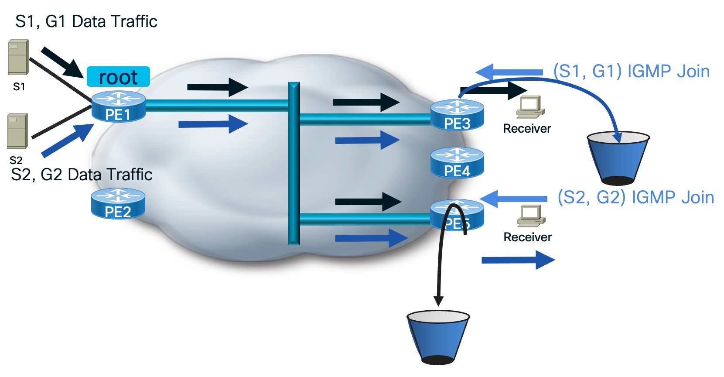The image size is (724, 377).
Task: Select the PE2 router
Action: click(x=118, y=203)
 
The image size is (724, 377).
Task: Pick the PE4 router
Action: click(x=457, y=163)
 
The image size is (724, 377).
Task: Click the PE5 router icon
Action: click(x=457, y=215)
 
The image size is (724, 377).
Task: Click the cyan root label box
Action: click(x=118, y=77)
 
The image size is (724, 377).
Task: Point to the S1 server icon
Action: click(x=18, y=57)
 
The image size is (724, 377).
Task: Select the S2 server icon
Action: click(x=17, y=131)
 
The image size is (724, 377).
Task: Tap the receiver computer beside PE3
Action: click(x=530, y=107)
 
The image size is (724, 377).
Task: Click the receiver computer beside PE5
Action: click(x=531, y=216)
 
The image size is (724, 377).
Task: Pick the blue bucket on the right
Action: click(x=618, y=158)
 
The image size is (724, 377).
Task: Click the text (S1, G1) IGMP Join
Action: click(x=631, y=71)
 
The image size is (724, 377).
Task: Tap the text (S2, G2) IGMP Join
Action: click(x=635, y=197)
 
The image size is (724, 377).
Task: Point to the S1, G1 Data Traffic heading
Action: click(x=86, y=21)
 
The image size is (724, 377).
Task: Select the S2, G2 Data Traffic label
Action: click(x=82, y=175)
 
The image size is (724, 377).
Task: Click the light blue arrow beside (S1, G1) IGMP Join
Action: click(x=509, y=72)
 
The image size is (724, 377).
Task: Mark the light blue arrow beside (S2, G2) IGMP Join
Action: click(x=513, y=199)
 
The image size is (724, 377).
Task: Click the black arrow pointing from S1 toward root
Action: click(x=62, y=62)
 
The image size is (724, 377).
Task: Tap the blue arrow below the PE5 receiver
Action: click(x=518, y=260)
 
